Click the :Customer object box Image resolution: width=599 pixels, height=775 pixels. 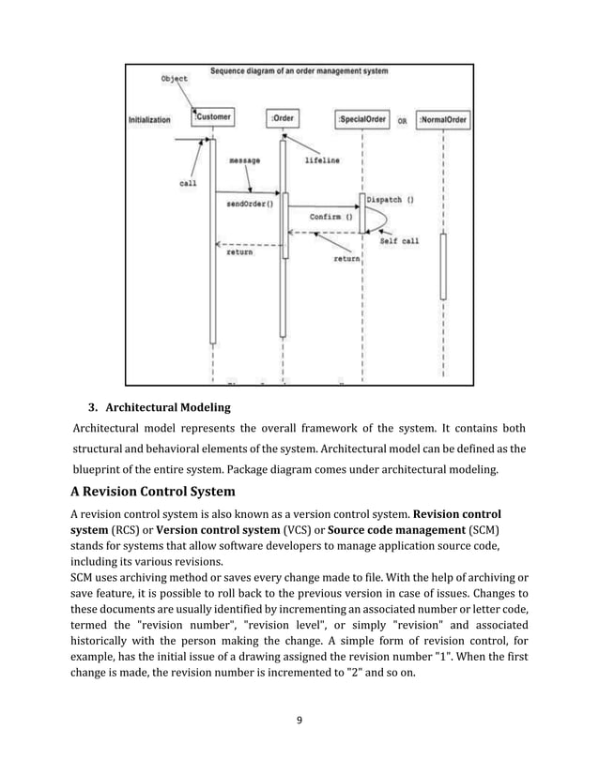point(213,118)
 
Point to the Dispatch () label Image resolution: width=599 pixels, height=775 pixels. point(392,199)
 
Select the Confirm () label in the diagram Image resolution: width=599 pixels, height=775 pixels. point(331,216)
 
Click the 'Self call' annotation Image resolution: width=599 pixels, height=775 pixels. point(399,241)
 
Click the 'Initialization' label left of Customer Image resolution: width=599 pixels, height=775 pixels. point(149,120)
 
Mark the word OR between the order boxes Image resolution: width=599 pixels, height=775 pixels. point(402,121)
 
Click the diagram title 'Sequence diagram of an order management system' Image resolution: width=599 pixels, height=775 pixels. point(299,70)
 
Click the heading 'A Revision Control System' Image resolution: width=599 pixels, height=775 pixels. point(153,492)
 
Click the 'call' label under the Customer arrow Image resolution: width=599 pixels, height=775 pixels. point(188,184)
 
